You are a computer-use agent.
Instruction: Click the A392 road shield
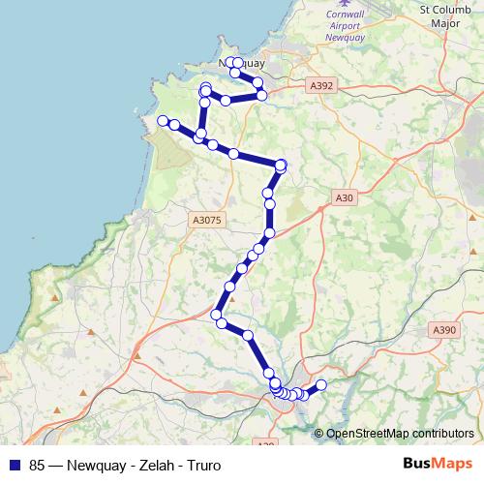click(323, 85)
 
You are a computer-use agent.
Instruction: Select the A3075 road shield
click(208, 221)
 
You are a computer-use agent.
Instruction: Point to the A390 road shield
click(444, 330)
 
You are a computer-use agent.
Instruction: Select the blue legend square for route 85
click(15, 464)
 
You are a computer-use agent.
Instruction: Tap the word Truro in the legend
click(192, 464)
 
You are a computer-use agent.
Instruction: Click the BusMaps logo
click(436, 464)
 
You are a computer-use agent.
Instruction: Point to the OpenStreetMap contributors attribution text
click(400, 434)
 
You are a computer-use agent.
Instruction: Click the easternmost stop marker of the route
click(321, 385)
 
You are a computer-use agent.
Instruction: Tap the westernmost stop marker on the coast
click(163, 121)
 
